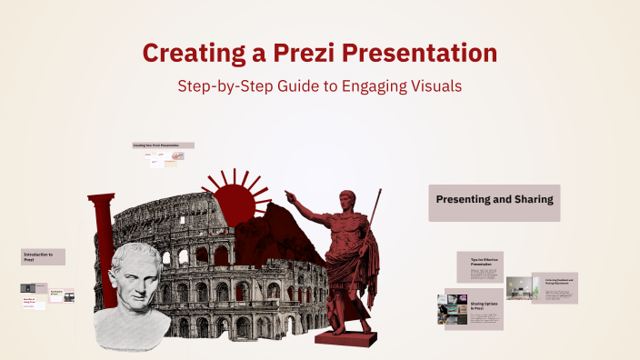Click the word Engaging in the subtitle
click(362, 86)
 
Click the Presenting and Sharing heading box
click(494, 202)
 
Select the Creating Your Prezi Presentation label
click(162, 145)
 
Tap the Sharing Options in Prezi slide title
click(482, 305)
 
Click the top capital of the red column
click(101, 199)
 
